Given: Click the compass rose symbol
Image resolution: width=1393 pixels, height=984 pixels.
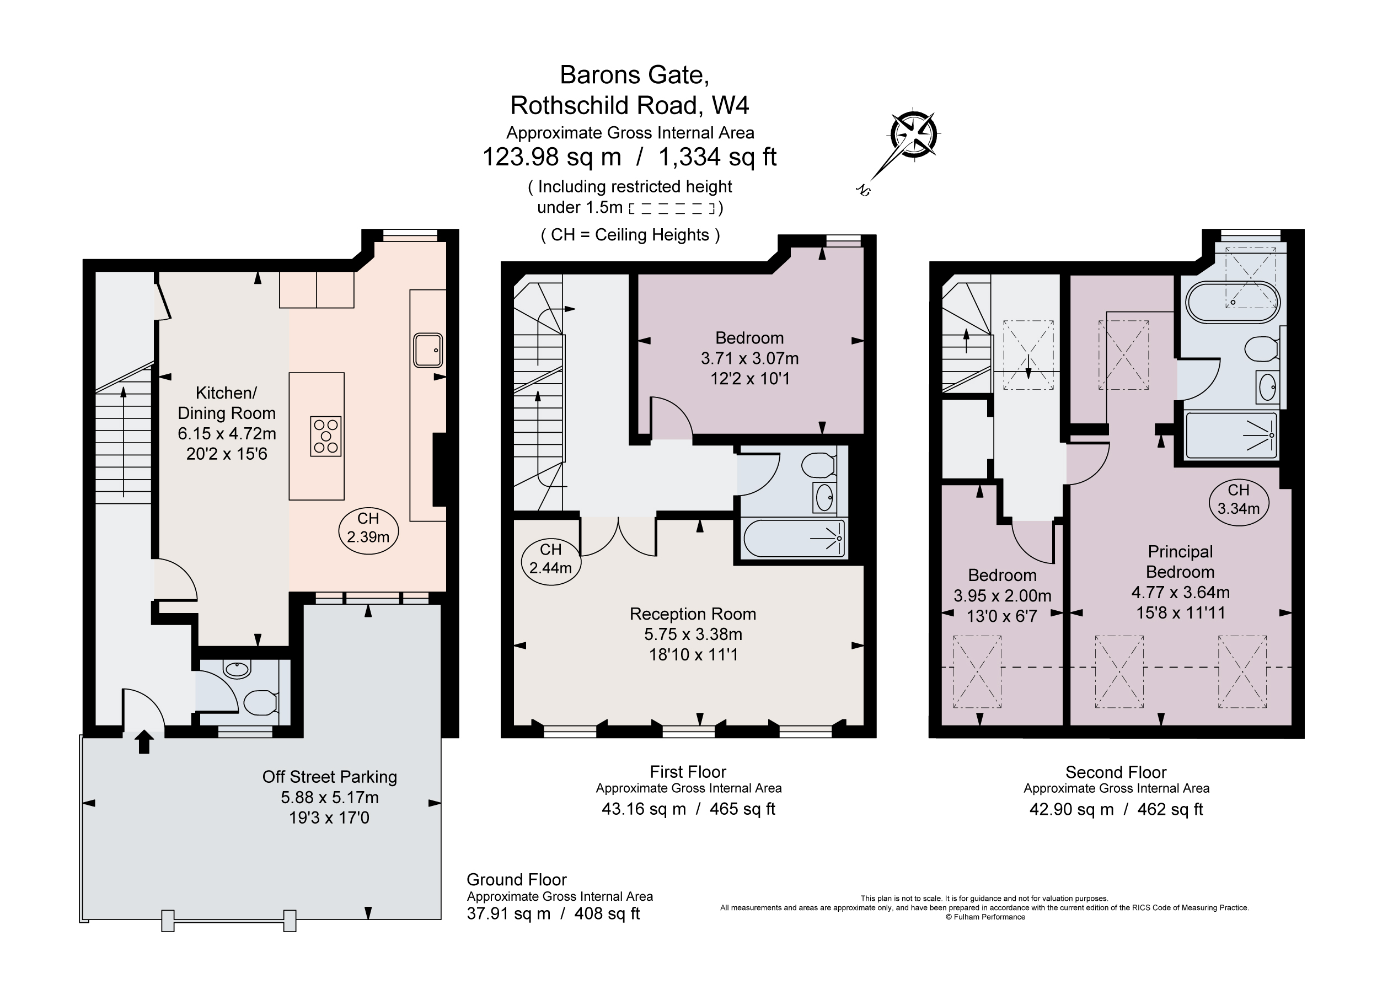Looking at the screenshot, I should click(913, 135).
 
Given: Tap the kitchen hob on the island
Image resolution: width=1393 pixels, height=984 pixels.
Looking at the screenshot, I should click(325, 436).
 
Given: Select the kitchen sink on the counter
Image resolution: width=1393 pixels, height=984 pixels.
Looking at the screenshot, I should click(428, 350).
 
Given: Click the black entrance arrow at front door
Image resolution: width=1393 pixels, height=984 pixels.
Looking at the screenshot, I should click(144, 741).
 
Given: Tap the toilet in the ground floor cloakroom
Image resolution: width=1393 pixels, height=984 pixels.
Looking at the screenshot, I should click(260, 702).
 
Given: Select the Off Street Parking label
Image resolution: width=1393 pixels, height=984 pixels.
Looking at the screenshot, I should click(329, 777).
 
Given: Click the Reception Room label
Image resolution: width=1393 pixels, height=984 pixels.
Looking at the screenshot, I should click(692, 614).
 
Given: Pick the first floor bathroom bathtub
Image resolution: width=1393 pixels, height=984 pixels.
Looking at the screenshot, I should click(792, 538).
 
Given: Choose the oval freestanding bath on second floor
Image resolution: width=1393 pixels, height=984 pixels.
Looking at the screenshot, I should click(1232, 302).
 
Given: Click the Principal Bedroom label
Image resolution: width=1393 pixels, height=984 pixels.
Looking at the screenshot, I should click(1180, 562).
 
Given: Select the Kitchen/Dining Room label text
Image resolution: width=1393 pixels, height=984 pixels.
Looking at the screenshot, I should click(226, 403).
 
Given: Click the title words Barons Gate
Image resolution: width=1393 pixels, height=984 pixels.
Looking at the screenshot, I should click(634, 75).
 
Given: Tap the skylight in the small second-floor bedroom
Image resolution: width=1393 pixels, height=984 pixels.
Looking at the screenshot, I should click(977, 671).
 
